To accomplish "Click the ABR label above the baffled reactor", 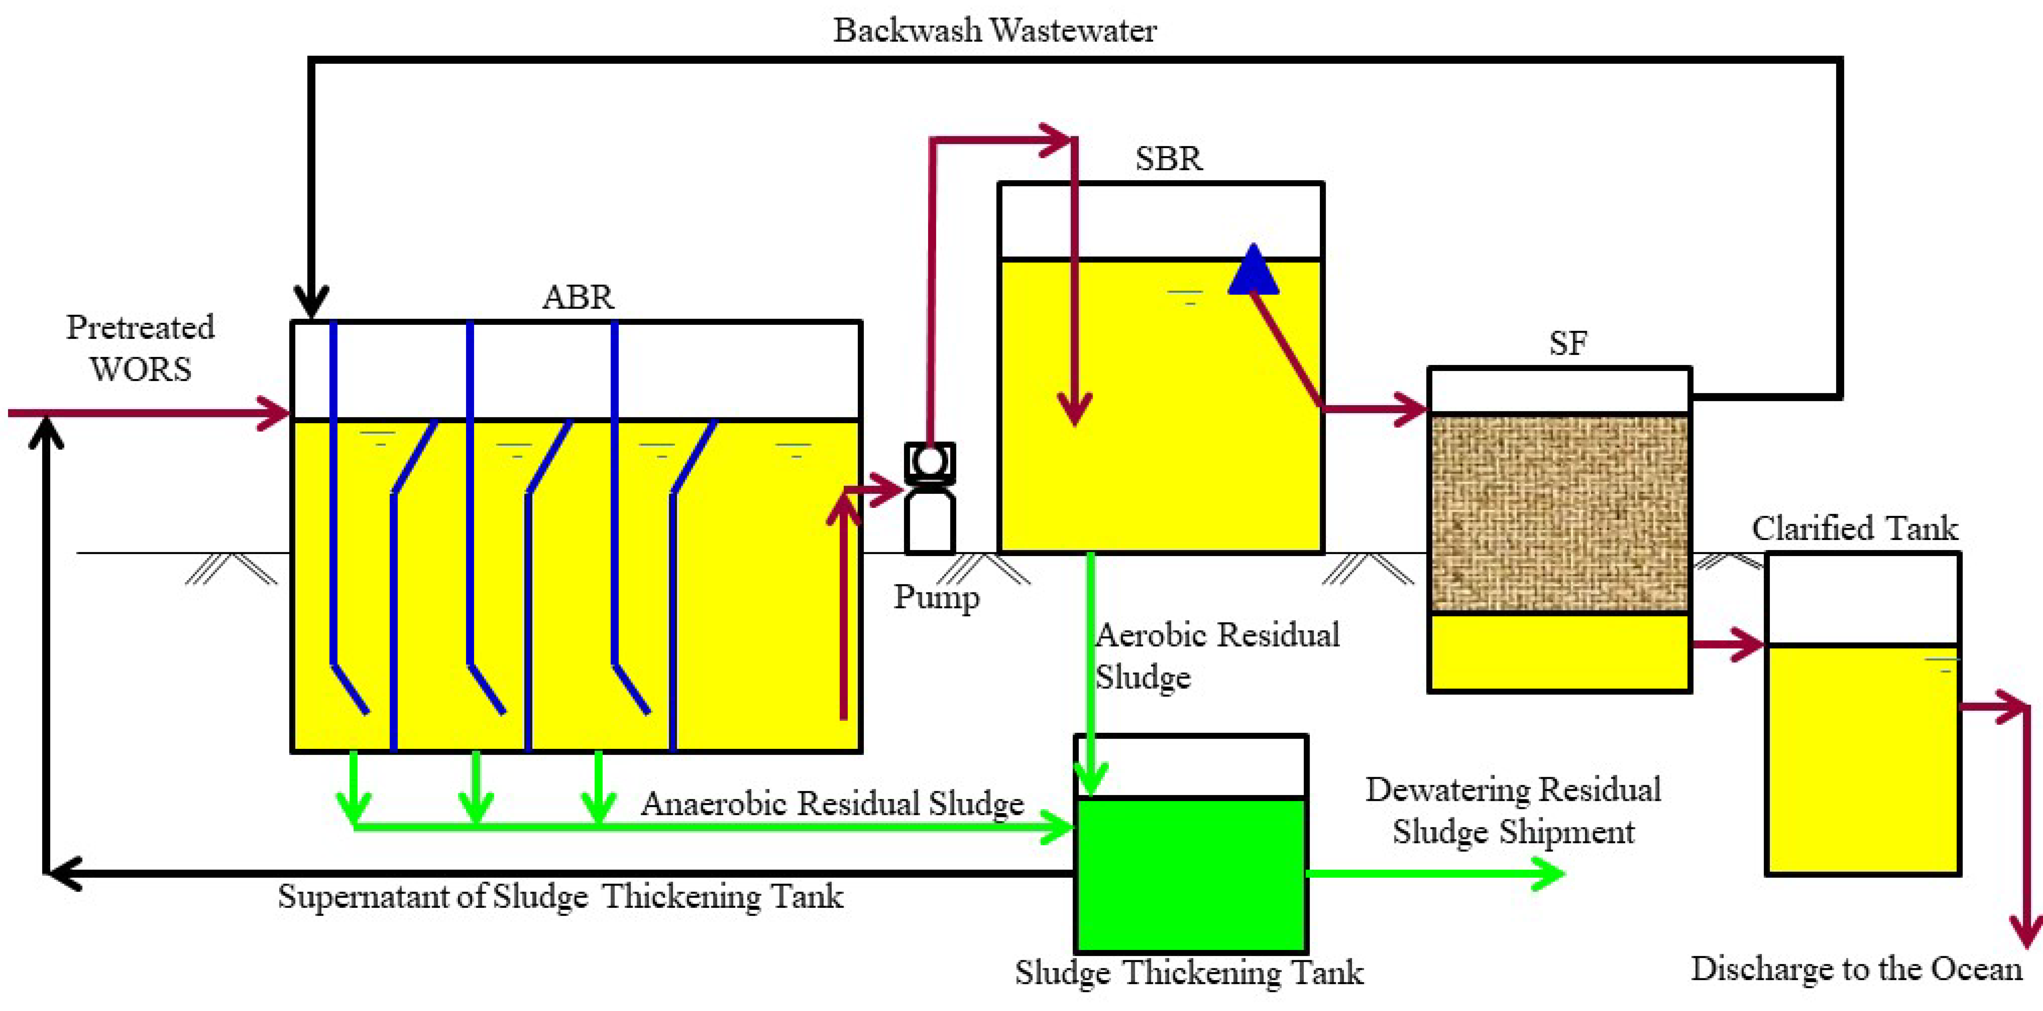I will click(578, 297).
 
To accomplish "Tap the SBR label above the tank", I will click(1168, 159).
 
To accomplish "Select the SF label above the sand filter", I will click(1568, 343).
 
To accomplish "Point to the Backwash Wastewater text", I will click(995, 30).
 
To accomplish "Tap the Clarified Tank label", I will click(1854, 528).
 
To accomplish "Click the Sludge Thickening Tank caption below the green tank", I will click(1189, 972).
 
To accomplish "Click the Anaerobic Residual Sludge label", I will click(832, 803).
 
